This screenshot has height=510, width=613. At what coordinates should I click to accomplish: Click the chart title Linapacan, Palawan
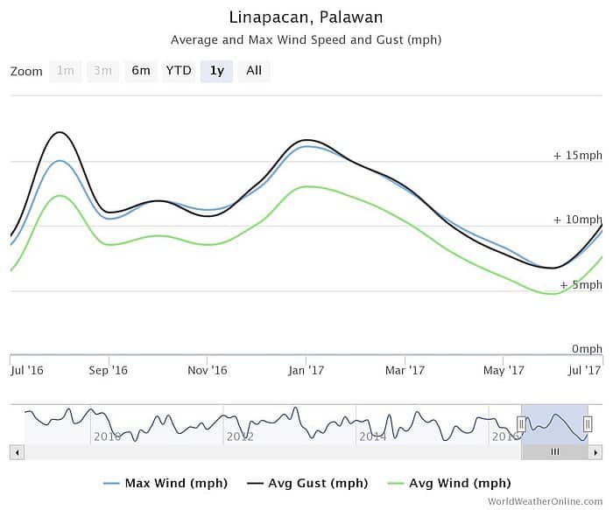tap(306, 17)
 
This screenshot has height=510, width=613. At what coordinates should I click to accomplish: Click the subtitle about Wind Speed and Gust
tap(306, 40)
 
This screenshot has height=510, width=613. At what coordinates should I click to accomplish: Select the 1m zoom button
tap(66, 71)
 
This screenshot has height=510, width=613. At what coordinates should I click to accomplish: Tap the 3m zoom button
tap(102, 71)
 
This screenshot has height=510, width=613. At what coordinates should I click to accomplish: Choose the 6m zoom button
tap(141, 71)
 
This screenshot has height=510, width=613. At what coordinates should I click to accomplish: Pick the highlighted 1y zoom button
tap(216, 71)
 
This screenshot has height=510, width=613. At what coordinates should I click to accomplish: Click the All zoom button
tap(254, 71)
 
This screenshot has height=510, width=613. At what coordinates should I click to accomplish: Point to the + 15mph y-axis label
tap(577, 156)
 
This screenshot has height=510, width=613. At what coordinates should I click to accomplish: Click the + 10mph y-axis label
tap(577, 220)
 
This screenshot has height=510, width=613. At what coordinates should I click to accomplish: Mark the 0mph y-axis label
tap(586, 349)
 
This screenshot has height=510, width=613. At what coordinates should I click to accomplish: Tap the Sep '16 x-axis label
tap(109, 371)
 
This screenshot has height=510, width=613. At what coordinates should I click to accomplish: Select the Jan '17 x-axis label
tap(306, 371)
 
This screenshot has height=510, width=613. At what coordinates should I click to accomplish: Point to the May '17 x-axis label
tap(504, 371)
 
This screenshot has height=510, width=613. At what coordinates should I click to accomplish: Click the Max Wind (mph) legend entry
tap(166, 483)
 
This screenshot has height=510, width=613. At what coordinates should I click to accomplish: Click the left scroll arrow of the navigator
tap(17, 452)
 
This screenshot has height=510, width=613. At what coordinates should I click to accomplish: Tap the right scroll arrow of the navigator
tap(595, 452)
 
